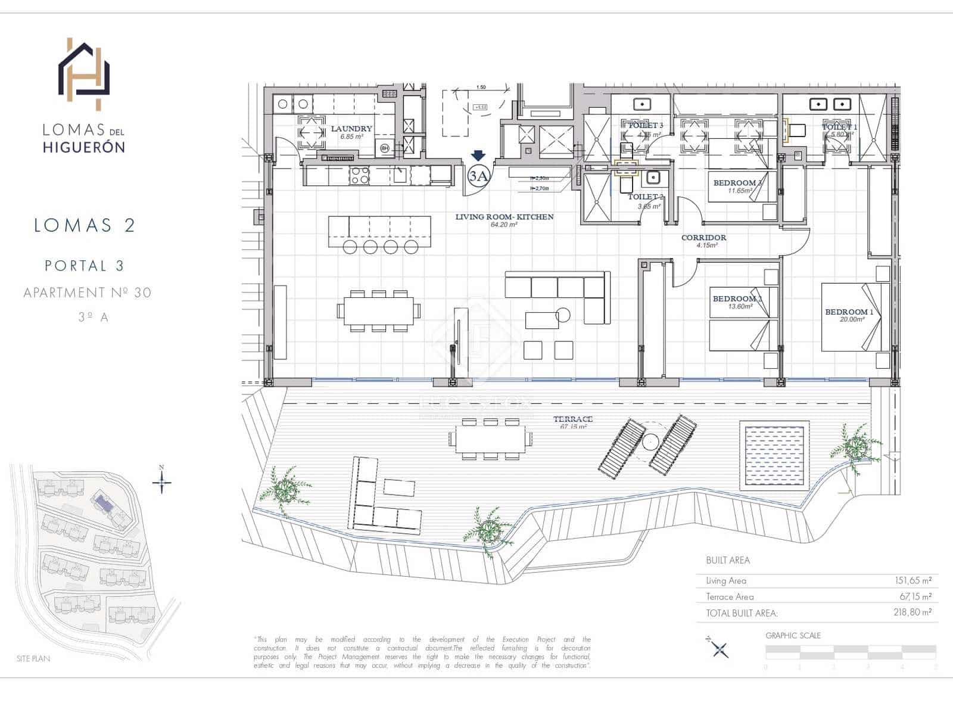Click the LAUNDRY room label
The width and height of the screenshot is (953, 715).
pos(351,129)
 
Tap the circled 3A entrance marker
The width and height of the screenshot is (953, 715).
pos(478,176)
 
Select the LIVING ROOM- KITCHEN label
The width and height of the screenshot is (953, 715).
pos(504,217)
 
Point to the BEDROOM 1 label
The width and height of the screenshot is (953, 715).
pos(849,312)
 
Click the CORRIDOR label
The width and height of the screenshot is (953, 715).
pos(703,237)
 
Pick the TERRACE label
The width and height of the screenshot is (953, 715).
pos(572,419)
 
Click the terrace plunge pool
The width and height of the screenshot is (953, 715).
pos(775,454)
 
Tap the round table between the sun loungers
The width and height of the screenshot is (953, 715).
pos(650,442)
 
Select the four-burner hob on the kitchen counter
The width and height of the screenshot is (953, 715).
pos(359,175)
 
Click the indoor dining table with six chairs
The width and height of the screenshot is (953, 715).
pos(378,311)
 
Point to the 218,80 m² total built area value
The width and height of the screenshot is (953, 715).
pos(912,612)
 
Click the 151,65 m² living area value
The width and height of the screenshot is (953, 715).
pos(912,580)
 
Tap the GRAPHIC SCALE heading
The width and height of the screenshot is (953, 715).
pos(793,636)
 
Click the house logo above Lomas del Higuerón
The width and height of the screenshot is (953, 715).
pos(83,74)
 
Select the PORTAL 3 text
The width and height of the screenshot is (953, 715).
pos(85,266)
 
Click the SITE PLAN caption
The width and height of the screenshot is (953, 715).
pos(33,658)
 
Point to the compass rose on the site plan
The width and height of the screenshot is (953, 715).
pos(161,481)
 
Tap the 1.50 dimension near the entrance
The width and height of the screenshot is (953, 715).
pos(481,88)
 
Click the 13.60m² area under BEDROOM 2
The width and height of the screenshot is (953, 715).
pos(740,306)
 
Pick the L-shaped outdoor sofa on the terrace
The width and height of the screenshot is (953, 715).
pos(381,500)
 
